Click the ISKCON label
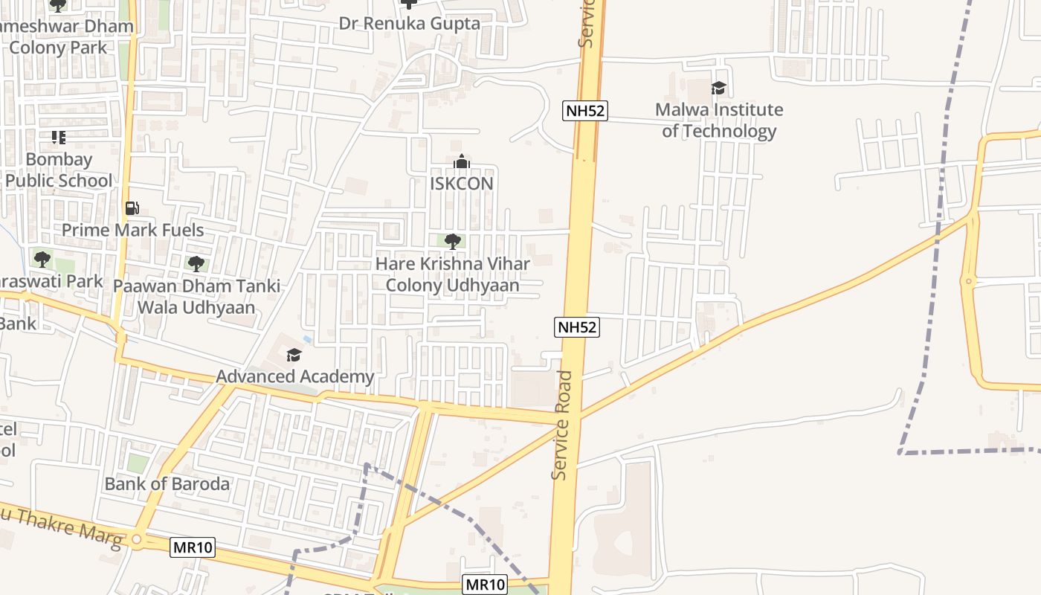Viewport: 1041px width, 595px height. click(461, 183)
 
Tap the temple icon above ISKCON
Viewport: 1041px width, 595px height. click(461, 161)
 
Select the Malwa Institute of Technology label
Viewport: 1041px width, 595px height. click(718, 120)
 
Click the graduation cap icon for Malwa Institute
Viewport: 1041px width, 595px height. click(718, 89)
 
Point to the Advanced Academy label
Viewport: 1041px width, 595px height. click(294, 376)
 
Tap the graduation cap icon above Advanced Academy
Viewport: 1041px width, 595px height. click(294, 355)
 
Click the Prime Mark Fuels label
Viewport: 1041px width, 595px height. click(132, 230)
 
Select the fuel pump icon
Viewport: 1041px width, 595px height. click(132, 208)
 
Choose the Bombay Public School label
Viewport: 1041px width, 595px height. click(59, 170)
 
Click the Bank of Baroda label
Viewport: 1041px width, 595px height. click(167, 483)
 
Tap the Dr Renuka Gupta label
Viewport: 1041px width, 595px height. click(409, 23)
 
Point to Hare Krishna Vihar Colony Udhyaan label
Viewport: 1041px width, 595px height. click(452, 274)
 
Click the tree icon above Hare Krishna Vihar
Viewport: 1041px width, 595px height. click(452, 241)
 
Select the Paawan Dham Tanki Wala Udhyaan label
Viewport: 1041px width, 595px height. click(196, 296)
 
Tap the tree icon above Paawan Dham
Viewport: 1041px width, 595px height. click(196, 263)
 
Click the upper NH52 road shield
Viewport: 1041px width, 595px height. click(585, 111)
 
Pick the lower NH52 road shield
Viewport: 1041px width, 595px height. click(577, 327)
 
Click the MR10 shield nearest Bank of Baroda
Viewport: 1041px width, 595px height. click(193, 548)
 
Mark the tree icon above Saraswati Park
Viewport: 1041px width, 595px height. click(42, 260)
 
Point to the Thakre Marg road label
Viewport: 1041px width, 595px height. click(63, 528)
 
